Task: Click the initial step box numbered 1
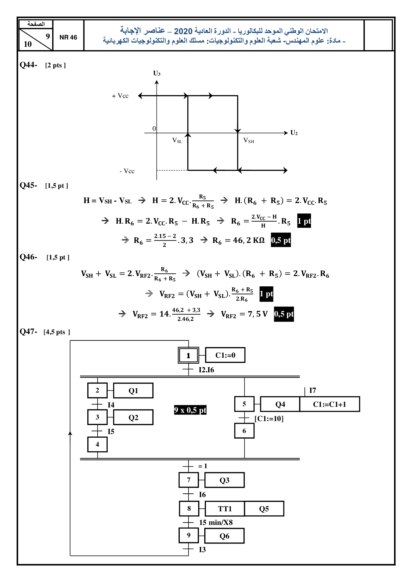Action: (188, 355)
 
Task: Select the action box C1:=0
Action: (225, 355)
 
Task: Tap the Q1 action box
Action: (133, 391)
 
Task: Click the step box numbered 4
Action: (97, 444)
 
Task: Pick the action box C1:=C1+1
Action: (330, 404)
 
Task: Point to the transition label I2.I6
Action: (206, 370)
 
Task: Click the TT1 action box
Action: (225, 509)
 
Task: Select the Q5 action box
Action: (264, 509)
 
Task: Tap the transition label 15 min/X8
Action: (216, 523)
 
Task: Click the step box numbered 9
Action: (189, 535)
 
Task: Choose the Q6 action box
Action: (225, 536)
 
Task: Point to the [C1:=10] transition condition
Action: (269, 419)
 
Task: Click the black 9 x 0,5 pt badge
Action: (190, 410)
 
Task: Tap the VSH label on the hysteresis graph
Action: (249, 141)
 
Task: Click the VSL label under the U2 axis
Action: (177, 140)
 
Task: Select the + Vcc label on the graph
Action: (120, 96)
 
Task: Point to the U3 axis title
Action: (157, 73)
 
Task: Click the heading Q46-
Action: (28, 257)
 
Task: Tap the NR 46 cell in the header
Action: (68, 37)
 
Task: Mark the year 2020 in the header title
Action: (183, 31)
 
